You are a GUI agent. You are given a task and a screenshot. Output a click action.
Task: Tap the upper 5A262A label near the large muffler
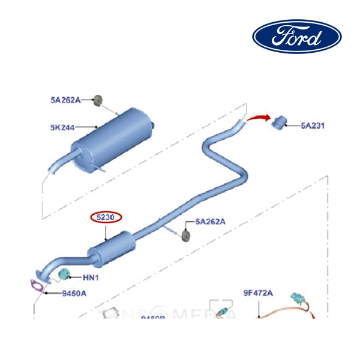65,100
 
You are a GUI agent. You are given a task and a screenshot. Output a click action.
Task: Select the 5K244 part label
63,127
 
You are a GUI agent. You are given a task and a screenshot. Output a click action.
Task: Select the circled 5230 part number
106,217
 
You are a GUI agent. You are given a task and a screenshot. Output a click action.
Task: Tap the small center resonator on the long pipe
110,248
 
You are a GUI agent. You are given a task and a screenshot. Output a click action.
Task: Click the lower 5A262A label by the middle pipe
209,221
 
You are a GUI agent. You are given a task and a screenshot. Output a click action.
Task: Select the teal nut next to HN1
65,275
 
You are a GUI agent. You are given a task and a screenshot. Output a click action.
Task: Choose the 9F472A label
258,293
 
